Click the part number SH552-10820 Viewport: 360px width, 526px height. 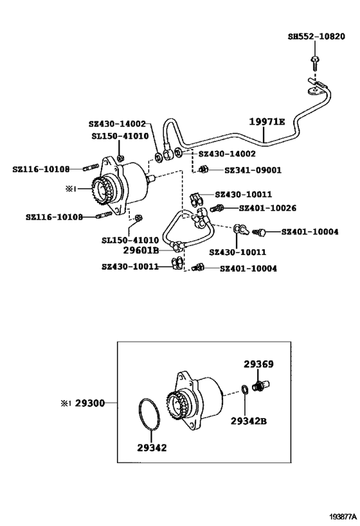tap(316, 37)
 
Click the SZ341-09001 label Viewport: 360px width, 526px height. tap(253, 170)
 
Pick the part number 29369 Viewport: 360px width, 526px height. tap(258, 364)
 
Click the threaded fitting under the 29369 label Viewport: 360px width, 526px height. tap(262, 385)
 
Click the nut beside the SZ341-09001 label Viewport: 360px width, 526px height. tap(203, 169)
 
